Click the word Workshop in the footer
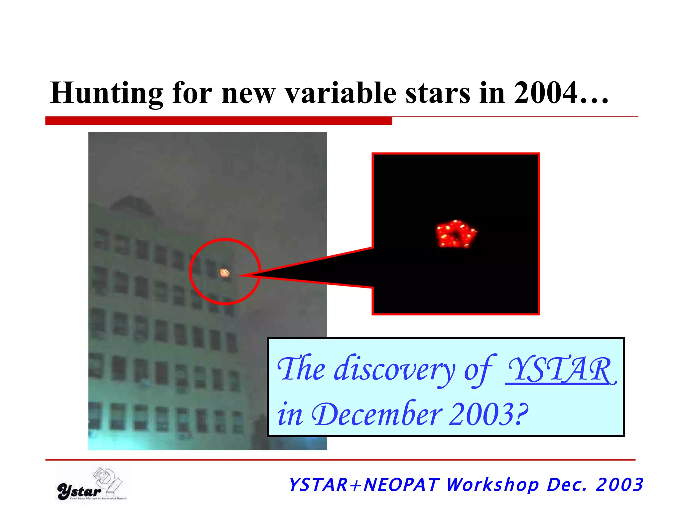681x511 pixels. pyautogui.click(x=492, y=485)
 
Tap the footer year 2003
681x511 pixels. pyautogui.click(x=619, y=485)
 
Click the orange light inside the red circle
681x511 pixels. pyautogui.click(x=224, y=273)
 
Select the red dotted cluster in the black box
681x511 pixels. pyautogui.click(x=456, y=234)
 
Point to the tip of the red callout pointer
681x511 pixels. pyautogui.click(x=240, y=275)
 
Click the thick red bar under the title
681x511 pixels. pyautogui.click(x=218, y=120)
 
